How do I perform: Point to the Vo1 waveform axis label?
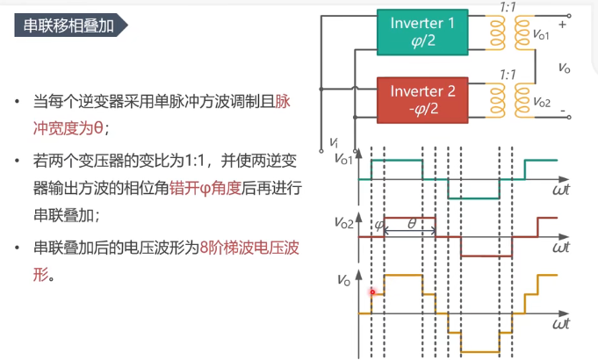click(x=345, y=158)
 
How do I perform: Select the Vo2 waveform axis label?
click(x=343, y=223)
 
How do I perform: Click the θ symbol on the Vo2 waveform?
click(x=411, y=224)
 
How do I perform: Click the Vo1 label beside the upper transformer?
click(x=541, y=35)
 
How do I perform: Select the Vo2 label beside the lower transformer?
click(x=541, y=103)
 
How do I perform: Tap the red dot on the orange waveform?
click(x=372, y=292)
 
